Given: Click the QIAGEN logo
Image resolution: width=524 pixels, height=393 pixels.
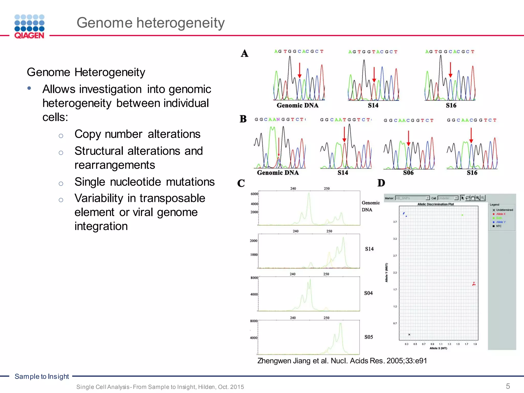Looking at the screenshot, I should [29, 27].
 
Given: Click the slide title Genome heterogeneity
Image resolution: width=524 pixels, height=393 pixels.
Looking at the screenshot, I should [150, 23].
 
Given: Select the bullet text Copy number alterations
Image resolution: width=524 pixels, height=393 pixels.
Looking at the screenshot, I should [137, 134].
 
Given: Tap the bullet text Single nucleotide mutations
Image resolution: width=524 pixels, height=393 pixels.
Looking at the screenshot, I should [145, 182].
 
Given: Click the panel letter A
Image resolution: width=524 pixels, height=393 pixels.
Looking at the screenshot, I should [244, 53].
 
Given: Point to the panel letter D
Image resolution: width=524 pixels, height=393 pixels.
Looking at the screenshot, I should [381, 183].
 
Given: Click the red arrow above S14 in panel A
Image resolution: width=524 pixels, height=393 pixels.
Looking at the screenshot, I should [374, 74].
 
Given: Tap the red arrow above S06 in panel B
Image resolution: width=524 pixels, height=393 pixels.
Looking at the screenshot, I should [408, 138].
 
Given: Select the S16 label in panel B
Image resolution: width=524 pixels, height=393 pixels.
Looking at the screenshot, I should [472, 173].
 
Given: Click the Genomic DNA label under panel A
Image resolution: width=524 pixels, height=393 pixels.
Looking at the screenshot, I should [298, 105].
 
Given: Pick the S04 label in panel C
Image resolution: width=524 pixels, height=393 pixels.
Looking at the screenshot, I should [368, 293].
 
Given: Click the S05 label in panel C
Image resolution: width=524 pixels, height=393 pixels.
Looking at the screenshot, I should [369, 337].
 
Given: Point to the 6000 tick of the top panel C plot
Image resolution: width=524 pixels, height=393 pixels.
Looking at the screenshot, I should [254, 194].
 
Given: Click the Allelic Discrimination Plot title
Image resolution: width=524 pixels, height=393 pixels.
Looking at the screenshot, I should [435, 204].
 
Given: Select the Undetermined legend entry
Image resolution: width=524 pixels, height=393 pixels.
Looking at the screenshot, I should [504, 210].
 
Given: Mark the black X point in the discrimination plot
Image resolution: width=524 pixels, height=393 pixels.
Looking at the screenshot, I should [409, 334].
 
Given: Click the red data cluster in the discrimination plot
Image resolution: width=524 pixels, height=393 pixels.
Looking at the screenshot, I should [474, 284].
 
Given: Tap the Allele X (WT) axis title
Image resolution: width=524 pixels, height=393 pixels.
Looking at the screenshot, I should [438, 348].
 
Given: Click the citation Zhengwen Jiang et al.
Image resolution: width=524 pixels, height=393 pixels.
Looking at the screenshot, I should [342, 361].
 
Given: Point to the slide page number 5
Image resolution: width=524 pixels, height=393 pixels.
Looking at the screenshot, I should [508, 386].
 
